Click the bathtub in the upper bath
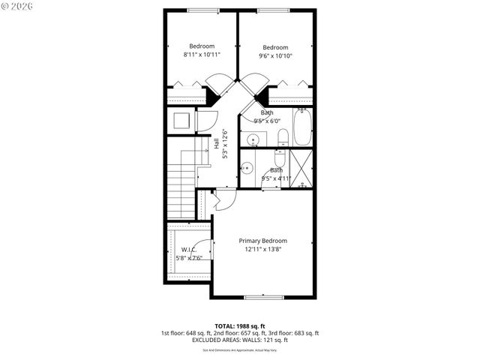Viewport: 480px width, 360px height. tap(301, 127)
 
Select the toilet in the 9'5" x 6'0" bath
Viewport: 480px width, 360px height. tap(283, 137)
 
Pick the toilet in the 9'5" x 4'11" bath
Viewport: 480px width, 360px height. tap(279, 159)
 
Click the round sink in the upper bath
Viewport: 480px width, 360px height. tap(253, 139)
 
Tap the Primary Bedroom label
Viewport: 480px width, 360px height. tap(262, 241)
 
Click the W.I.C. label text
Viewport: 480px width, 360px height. tap(189, 250)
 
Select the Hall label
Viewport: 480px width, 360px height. tap(217, 142)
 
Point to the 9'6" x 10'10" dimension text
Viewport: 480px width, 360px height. tap(275, 55)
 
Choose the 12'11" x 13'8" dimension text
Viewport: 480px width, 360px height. tap(262, 250)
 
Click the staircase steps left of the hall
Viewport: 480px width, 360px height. tap(180, 191)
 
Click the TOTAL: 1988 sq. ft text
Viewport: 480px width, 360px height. tap(239, 325)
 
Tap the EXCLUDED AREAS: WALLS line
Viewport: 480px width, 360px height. tap(239, 340)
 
